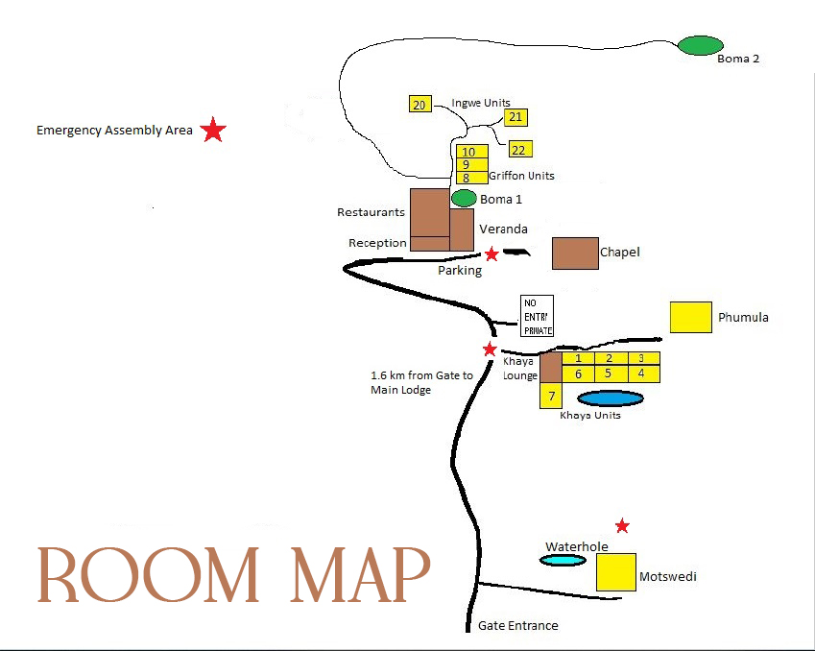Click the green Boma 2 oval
[x=700, y=45]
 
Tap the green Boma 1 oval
[x=464, y=199]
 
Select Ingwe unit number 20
[x=419, y=104]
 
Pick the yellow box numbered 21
[x=516, y=117]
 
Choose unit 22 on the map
[x=519, y=149]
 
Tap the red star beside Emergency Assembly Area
[x=213, y=131]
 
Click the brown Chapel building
[x=575, y=253]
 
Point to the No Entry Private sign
[x=538, y=316]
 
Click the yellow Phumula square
[x=690, y=317]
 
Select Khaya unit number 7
[x=550, y=396]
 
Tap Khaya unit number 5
[x=608, y=374]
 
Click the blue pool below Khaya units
[x=610, y=398]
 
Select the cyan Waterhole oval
[x=563, y=560]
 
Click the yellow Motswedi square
[x=615, y=571]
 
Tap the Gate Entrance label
[x=517, y=626]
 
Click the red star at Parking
[x=491, y=253]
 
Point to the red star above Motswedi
[x=622, y=525]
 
